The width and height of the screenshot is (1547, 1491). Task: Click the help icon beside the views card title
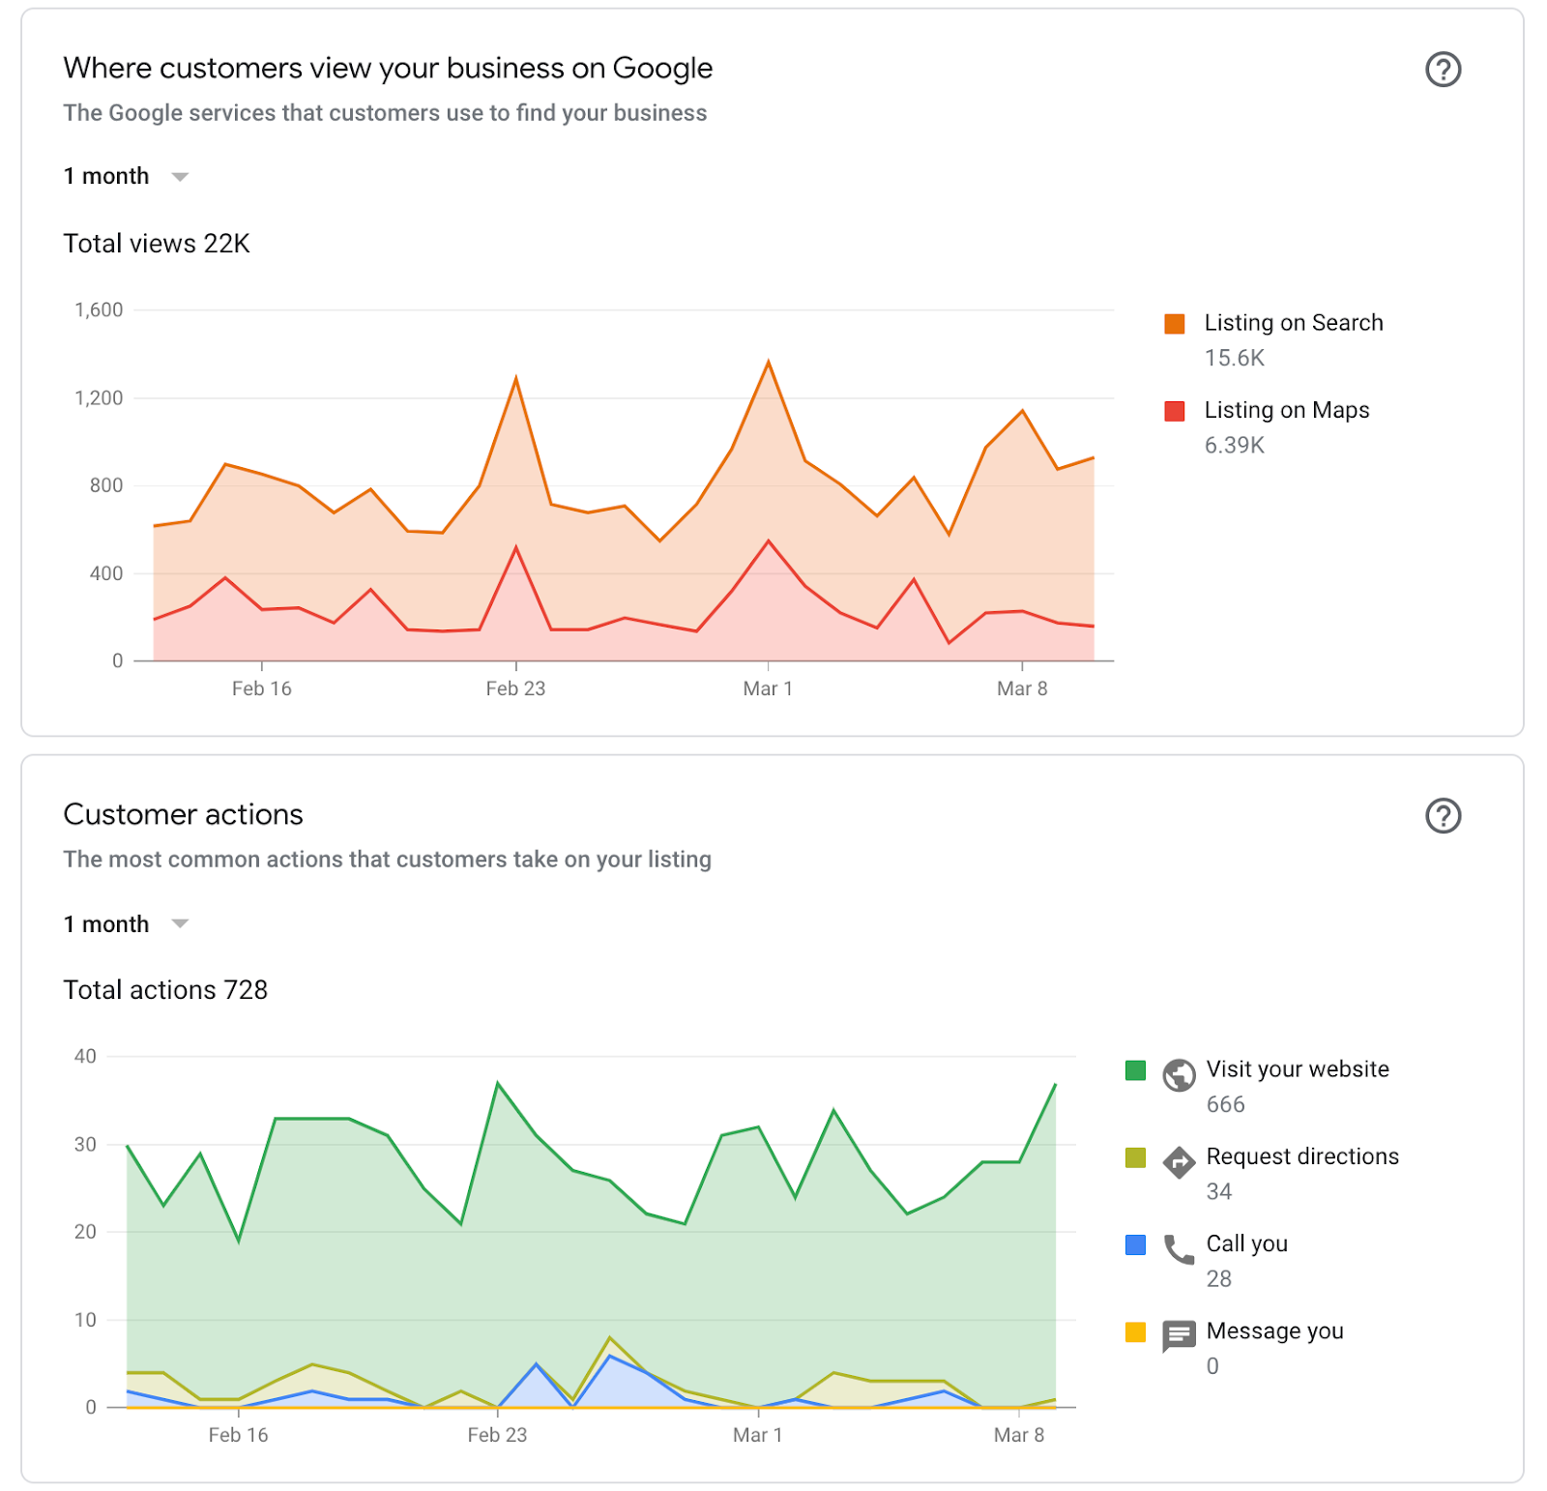click(x=1443, y=70)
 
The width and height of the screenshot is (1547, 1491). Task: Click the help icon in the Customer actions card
click(x=1443, y=816)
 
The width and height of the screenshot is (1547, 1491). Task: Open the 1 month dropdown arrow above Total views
click(x=180, y=177)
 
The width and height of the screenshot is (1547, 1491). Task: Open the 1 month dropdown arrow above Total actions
click(x=180, y=924)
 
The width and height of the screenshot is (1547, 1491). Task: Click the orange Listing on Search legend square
click(x=1175, y=324)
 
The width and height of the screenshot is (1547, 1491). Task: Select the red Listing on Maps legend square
click(x=1175, y=411)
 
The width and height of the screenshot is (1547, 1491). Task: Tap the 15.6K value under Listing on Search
click(x=1234, y=359)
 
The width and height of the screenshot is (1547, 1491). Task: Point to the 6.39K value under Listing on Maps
click(x=1234, y=446)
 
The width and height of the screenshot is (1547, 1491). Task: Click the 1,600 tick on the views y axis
click(x=99, y=310)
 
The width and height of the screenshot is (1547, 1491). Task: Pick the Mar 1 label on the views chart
click(x=768, y=688)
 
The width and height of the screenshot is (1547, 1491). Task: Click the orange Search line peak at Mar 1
click(x=769, y=363)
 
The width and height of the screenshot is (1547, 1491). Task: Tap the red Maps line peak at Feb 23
click(x=516, y=548)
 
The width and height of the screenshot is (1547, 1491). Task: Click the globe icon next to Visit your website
click(x=1179, y=1075)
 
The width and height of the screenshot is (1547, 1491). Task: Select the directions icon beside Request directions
click(x=1179, y=1162)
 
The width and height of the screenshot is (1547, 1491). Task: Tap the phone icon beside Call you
click(x=1179, y=1249)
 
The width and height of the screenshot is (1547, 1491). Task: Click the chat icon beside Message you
click(x=1179, y=1336)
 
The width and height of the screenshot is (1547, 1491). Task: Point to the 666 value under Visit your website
click(x=1225, y=1105)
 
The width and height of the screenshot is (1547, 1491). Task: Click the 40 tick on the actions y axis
click(x=85, y=1057)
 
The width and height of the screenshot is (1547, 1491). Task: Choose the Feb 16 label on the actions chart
click(x=238, y=1435)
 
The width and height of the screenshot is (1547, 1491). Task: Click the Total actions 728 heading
click(x=165, y=990)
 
